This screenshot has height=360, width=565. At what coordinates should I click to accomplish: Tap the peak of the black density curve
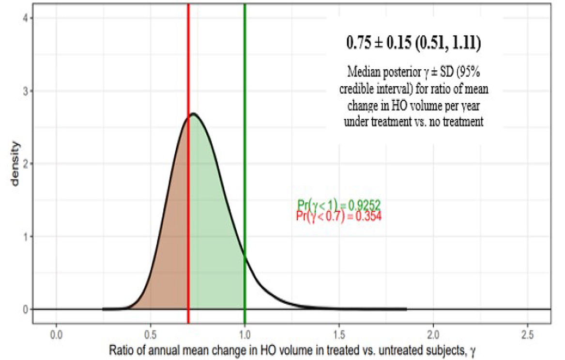pyautogui.click(x=193, y=114)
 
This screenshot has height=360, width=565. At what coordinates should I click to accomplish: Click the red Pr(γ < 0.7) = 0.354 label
pyautogui.click(x=339, y=217)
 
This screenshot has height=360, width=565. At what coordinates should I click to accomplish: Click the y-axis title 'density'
pyautogui.click(x=15, y=163)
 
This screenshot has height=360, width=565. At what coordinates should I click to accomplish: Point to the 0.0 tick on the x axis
pyautogui.click(x=56, y=334)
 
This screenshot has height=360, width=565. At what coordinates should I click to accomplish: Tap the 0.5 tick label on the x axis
pyautogui.click(x=151, y=334)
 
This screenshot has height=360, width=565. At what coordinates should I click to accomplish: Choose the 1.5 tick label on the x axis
pyautogui.click(x=339, y=334)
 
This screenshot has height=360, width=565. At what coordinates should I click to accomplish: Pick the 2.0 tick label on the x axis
pyautogui.click(x=433, y=334)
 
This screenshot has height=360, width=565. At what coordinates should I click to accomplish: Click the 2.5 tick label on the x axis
pyautogui.click(x=527, y=334)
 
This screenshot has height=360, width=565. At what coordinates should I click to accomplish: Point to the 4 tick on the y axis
pyautogui.click(x=27, y=18)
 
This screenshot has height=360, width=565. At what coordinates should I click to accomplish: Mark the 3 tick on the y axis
pyautogui.click(x=27, y=91)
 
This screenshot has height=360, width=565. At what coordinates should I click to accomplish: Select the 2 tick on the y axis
pyautogui.click(x=27, y=164)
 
